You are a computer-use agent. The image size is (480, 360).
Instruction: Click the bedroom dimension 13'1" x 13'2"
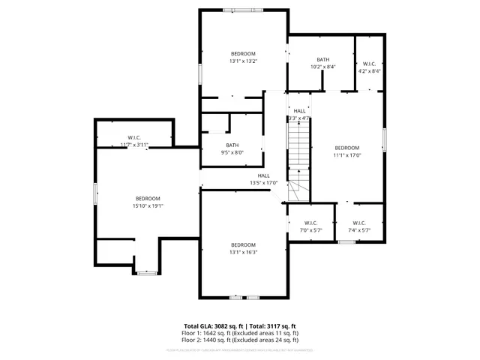243,62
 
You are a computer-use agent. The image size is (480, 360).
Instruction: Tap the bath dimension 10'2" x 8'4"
322,67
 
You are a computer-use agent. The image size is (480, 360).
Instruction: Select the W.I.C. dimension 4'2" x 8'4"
369,71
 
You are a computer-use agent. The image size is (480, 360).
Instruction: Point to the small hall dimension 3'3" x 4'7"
298,118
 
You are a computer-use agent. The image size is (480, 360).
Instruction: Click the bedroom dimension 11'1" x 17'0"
347,156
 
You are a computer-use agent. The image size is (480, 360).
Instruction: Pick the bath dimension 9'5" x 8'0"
232,153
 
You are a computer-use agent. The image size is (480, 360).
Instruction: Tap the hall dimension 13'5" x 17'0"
264,183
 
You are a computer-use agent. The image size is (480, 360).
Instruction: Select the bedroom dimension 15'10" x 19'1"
148,205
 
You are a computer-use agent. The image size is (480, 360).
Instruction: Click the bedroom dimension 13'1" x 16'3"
243,253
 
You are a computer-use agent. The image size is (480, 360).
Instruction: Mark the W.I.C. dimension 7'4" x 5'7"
358,230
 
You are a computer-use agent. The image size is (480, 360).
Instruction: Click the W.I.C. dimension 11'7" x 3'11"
134,145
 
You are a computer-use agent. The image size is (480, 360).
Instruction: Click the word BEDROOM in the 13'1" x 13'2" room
243,54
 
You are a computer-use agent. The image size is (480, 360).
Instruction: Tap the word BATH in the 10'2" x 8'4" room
322,59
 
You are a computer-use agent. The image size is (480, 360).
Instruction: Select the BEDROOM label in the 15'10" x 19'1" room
148,198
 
